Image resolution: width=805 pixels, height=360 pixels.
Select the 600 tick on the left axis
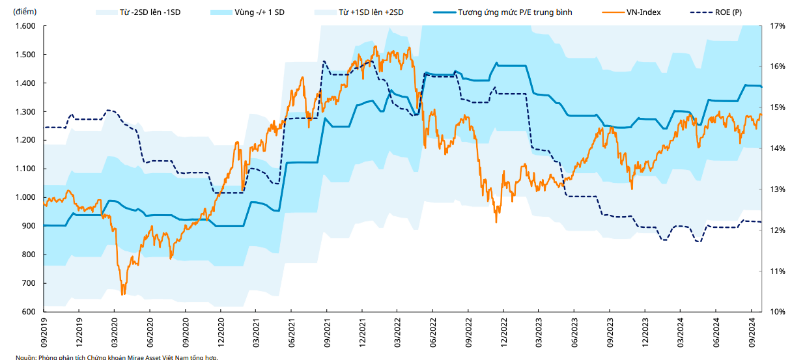[x=28, y=312]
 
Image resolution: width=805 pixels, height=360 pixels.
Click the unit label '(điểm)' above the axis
[x=25, y=12]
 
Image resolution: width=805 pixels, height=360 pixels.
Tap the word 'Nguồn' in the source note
[x=26, y=357]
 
